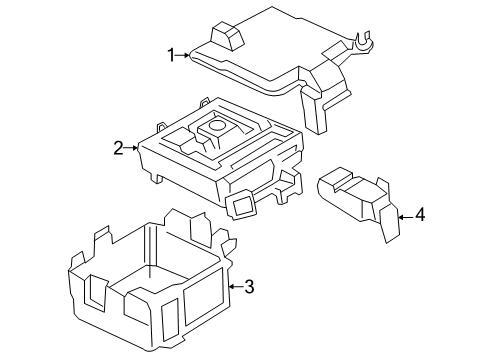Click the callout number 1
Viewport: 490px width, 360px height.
point(171,54)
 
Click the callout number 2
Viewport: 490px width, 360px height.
point(118,149)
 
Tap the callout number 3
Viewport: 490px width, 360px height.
point(249,287)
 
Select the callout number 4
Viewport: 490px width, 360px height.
point(420,214)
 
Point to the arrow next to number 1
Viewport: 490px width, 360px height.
point(183,55)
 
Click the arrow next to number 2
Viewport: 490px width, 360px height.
point(131,149)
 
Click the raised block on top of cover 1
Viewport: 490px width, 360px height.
point(227,37)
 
